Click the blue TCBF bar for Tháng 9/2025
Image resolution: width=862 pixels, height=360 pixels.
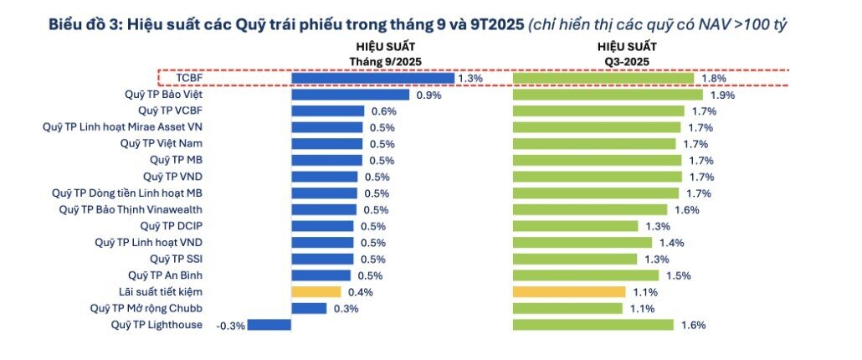(x=372, y=78)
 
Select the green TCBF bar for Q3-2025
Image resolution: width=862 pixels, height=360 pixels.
(x=603, y=78)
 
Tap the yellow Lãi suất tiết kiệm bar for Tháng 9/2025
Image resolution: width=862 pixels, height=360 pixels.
(x=316, y=291)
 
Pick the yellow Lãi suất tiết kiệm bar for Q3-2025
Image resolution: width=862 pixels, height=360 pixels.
(x=569, y=291)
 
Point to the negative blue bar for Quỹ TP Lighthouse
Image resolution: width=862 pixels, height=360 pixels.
(x=269, y=325)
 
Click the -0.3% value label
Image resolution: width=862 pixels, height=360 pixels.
(x=231, y=326)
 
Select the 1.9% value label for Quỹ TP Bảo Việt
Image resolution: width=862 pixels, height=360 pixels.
(x=721, y=95)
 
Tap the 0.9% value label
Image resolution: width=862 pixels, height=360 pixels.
(x=428, y=95)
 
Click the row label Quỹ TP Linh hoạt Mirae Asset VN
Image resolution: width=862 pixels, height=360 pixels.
(x=122, y=127)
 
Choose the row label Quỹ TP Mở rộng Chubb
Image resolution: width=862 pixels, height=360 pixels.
(x=146, y=308)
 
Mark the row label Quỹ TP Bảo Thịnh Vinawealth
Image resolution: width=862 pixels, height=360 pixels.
(x=131, y=209)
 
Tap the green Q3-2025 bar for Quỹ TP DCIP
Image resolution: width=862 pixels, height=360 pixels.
(x=575, y=226)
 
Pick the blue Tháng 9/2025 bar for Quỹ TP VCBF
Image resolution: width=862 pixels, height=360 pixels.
(x=327, y=111)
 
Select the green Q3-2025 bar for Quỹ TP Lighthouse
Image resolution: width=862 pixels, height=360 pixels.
(x=593, y=325)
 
